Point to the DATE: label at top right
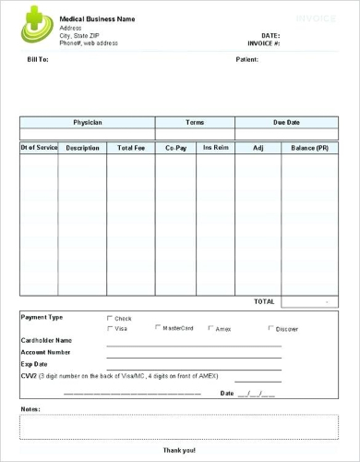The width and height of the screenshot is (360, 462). coord(270,35)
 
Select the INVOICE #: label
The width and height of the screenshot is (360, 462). coord(263,43)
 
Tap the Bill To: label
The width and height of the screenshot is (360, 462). coord(38,59)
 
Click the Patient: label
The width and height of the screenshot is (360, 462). coord(246,59)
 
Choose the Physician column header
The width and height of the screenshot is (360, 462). coord(88,122)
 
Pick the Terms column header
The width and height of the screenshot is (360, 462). coord(195,122)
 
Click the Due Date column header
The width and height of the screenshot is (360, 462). coord(286,122)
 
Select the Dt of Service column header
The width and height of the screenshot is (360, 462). coord(39,148)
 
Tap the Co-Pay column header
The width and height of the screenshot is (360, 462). coord(175,148)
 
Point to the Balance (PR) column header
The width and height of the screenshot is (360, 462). coord(309,148)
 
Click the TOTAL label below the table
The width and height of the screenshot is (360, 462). coord(264,301)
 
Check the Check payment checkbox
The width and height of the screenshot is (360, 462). coord(110,318)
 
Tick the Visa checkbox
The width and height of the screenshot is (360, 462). coord(110,328)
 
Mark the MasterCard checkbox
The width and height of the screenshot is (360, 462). coord(158,327)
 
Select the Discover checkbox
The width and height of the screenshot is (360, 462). coord(270,328)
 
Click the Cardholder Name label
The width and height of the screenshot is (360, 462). coord(46,340)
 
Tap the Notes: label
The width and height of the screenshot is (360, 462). coord(30,408)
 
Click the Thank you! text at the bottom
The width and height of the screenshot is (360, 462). coord(179,450)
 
